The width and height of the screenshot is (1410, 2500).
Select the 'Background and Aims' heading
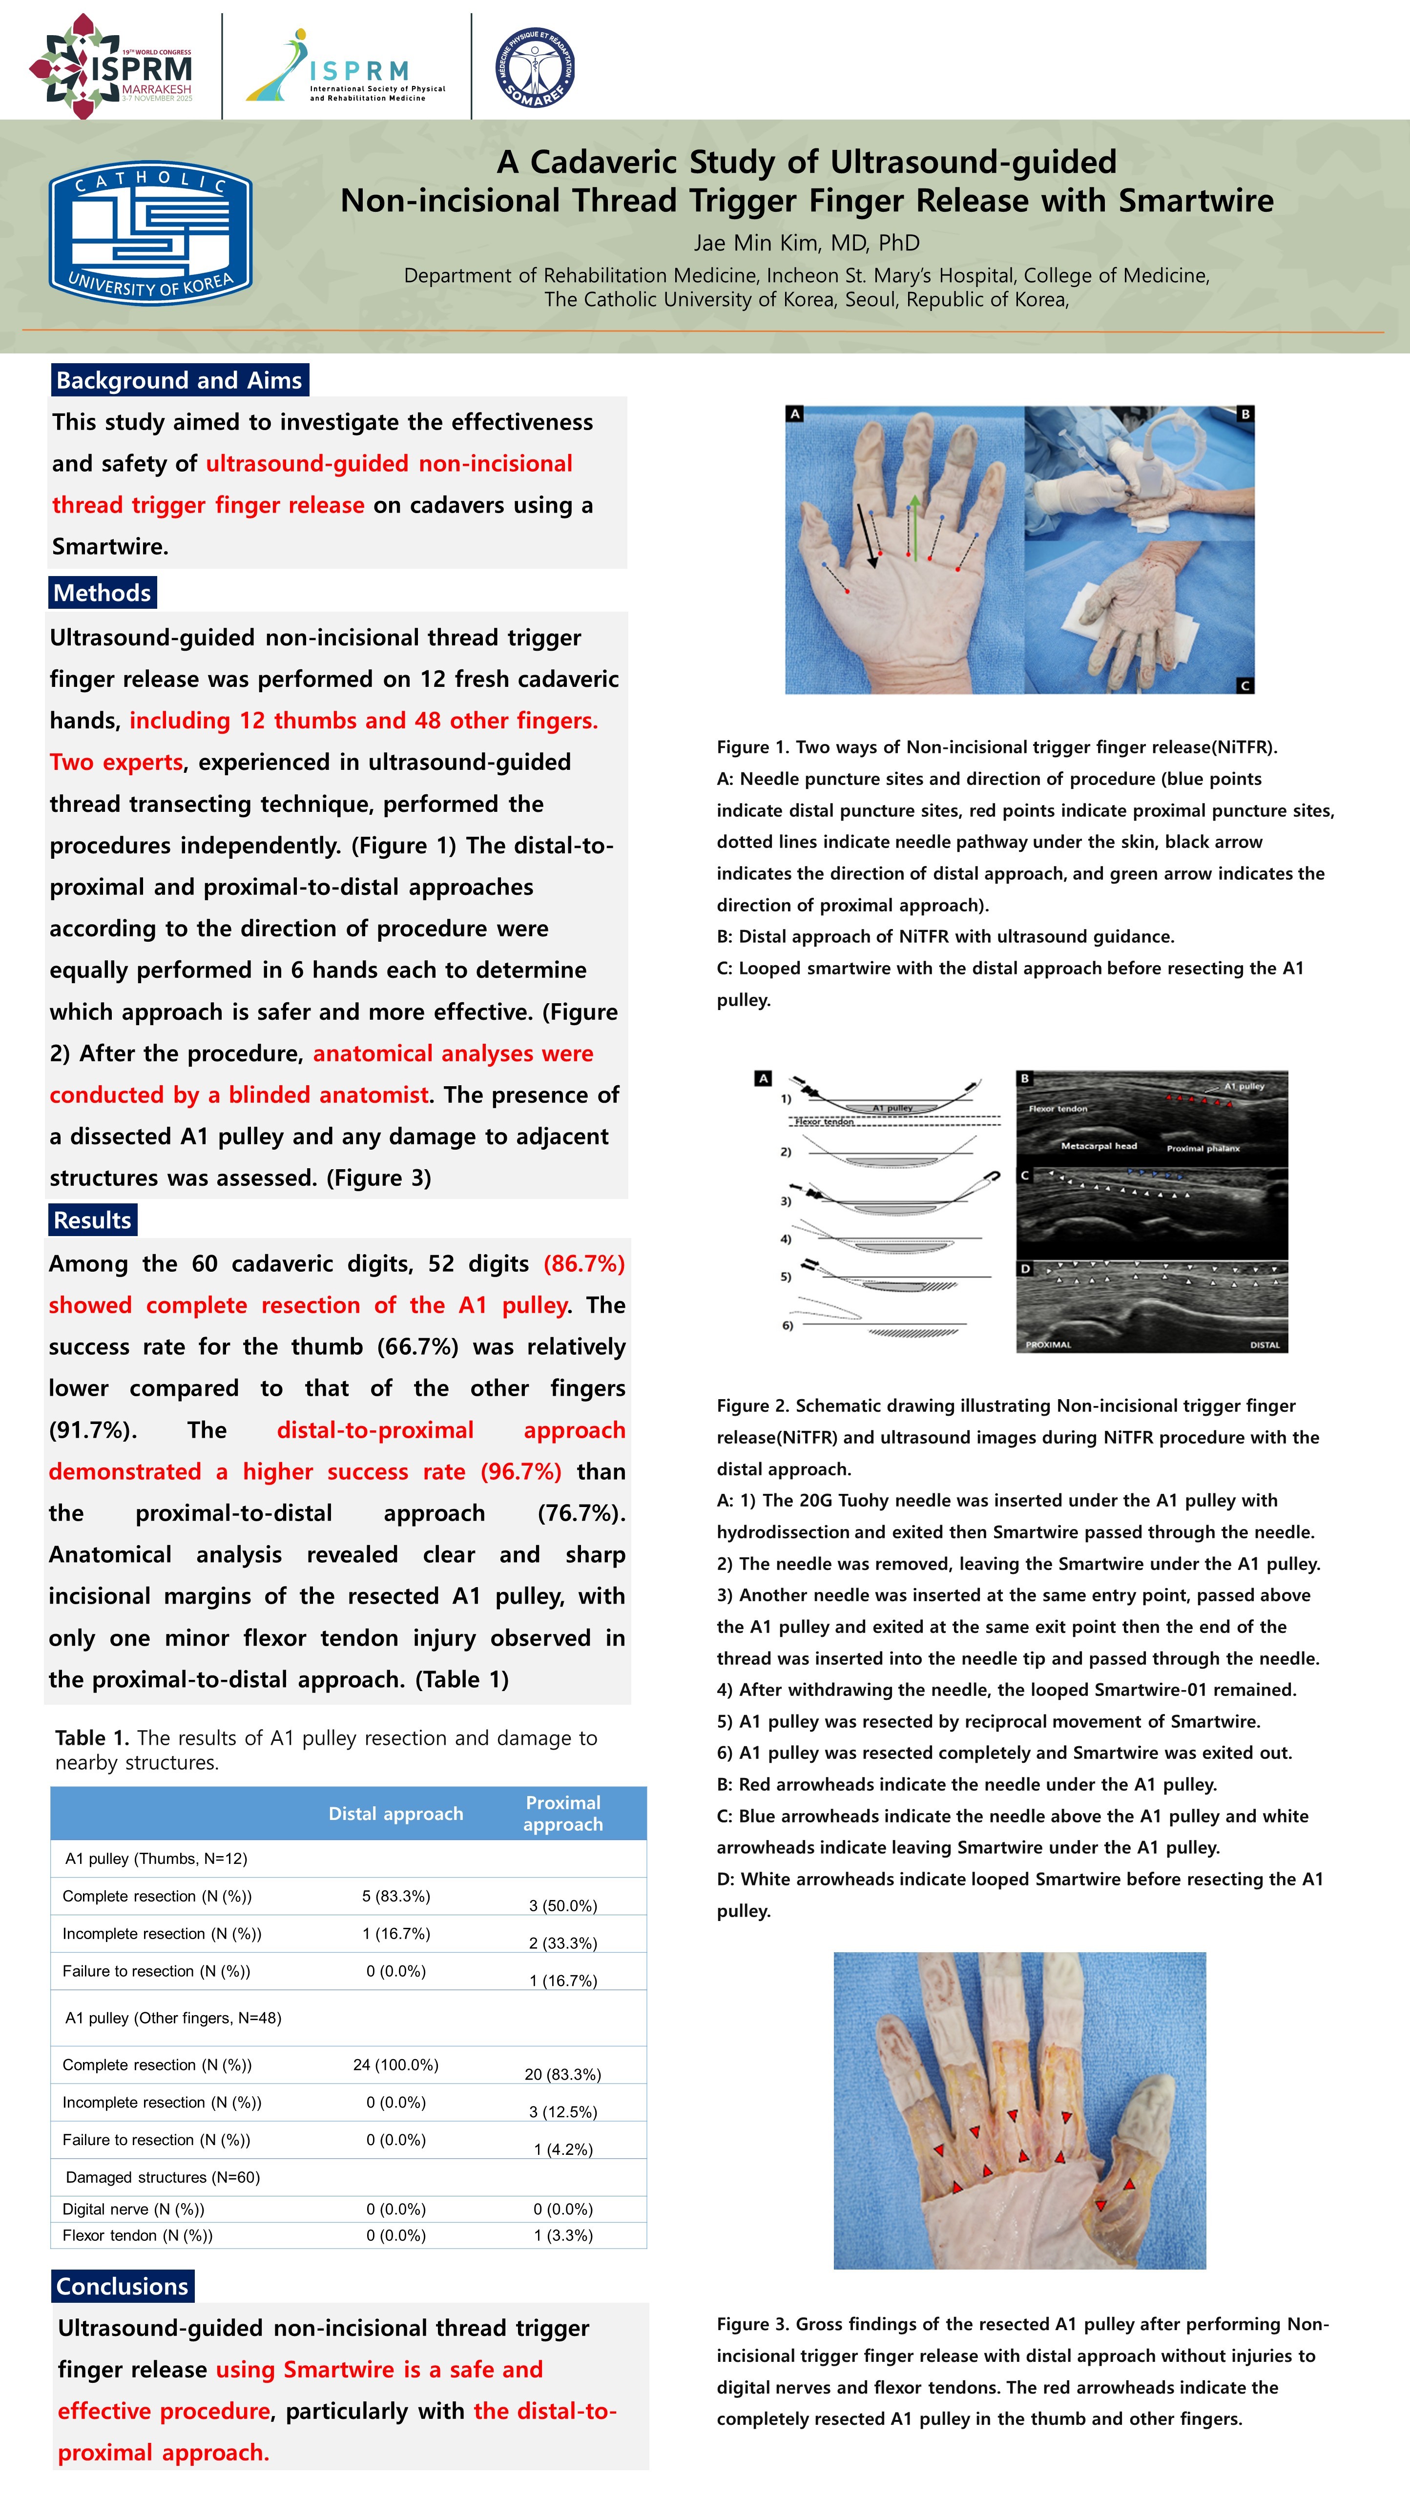point(180,380)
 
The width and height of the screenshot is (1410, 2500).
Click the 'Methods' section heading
point(102,593)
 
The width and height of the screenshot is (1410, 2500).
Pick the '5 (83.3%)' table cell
point(396,1895)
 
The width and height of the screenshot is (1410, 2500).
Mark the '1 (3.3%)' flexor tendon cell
point(563,2235)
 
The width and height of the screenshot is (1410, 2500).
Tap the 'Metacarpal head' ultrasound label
point(1099,1146)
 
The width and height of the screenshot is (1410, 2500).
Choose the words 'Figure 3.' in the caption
point(752,2324)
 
